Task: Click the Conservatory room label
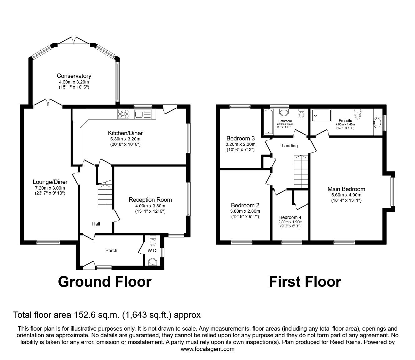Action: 74,76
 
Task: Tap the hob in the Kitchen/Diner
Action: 123,114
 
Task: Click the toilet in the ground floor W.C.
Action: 153,241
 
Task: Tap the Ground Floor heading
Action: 105,281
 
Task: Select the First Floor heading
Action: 305,281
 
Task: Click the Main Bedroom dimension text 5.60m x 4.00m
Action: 346,195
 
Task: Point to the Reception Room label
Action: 150,200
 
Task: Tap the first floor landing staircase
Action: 301,172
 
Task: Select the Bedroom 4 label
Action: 290,217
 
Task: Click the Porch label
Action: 111,250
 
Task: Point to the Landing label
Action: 290,146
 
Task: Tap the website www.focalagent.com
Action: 207,349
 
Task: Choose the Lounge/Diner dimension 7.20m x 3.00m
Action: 50,188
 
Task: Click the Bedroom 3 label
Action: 240,138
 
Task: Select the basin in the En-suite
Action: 377,123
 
